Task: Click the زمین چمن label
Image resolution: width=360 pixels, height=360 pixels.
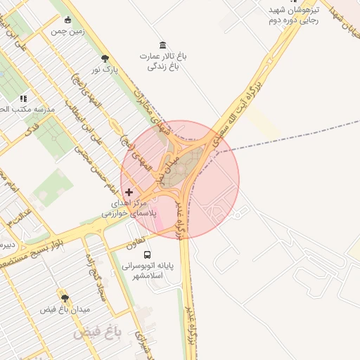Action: pyautogui.click(x=68, y=32)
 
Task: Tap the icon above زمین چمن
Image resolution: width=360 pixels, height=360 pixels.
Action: pyautogui.click(x=67, y=20)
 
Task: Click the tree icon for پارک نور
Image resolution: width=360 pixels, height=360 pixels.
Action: pyautogui.click(x=105, y=58)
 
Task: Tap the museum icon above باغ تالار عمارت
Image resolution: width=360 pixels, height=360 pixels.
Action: pyautogui.click(x=163, y=45)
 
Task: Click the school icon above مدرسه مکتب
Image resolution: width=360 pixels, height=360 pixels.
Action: pyautogui.click(x=23, y=99)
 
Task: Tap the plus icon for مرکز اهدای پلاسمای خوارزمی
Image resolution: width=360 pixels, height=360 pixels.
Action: pyautogui.click(x=129, y=191)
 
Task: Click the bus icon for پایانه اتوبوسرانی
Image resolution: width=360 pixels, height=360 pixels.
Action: pyautogui.click(x=147, y=255)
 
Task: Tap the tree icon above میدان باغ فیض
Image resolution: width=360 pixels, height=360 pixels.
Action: pyautogui.click(x=65, y=298)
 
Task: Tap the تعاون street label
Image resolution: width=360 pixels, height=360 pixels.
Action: pyautogui.click(x=136, y=245)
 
